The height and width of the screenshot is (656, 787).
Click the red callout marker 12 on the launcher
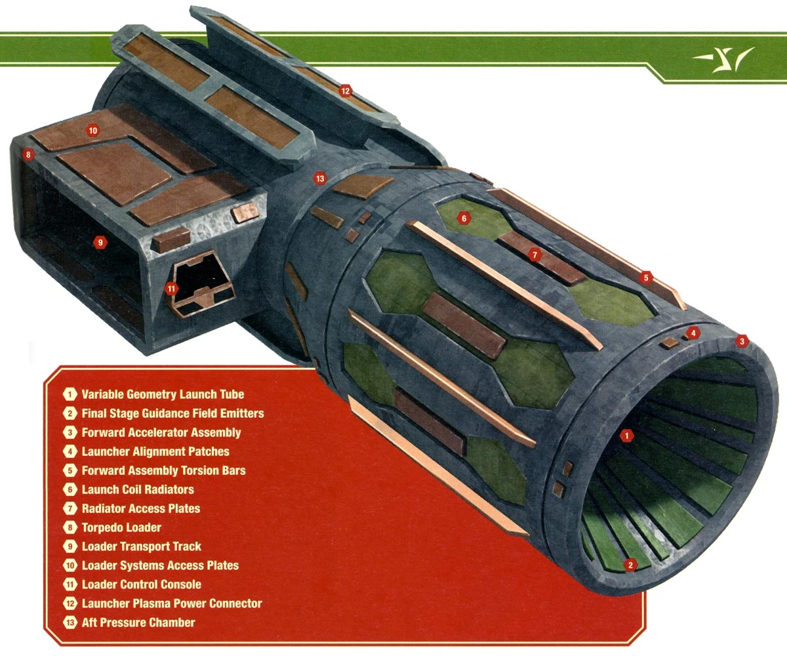coord(346,91)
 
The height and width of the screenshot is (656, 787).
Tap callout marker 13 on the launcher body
coord(319,178)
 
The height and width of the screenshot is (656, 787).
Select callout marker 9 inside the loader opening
coord(100,242)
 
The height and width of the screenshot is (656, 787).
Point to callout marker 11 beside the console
coord(171,287)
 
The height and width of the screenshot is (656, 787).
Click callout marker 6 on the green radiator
coord(464,218)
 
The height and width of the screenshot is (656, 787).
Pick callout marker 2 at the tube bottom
coord(630,565)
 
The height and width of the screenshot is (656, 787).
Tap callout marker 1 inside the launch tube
coord(627,435)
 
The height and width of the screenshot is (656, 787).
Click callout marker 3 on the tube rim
coord(742,340)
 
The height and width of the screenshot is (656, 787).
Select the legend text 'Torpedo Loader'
coord(121,527)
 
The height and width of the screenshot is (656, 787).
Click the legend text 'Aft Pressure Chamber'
coord(138,623)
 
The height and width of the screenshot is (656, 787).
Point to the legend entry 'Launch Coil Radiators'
coord(138,489)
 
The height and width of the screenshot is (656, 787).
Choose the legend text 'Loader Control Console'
coord(142,584)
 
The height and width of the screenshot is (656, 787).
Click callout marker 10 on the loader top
coord(93,131)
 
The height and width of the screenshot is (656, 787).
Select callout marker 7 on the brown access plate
coord(535,255)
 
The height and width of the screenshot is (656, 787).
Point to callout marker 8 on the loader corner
coord(27,155)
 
